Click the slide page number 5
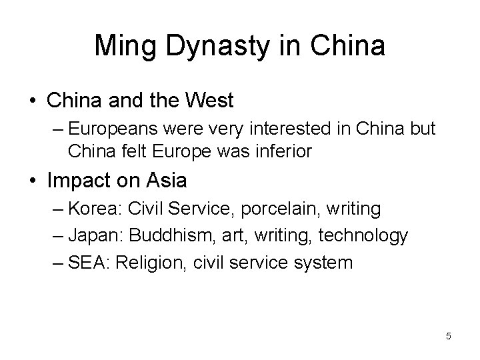[449, 336]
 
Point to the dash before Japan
[57, 236]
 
